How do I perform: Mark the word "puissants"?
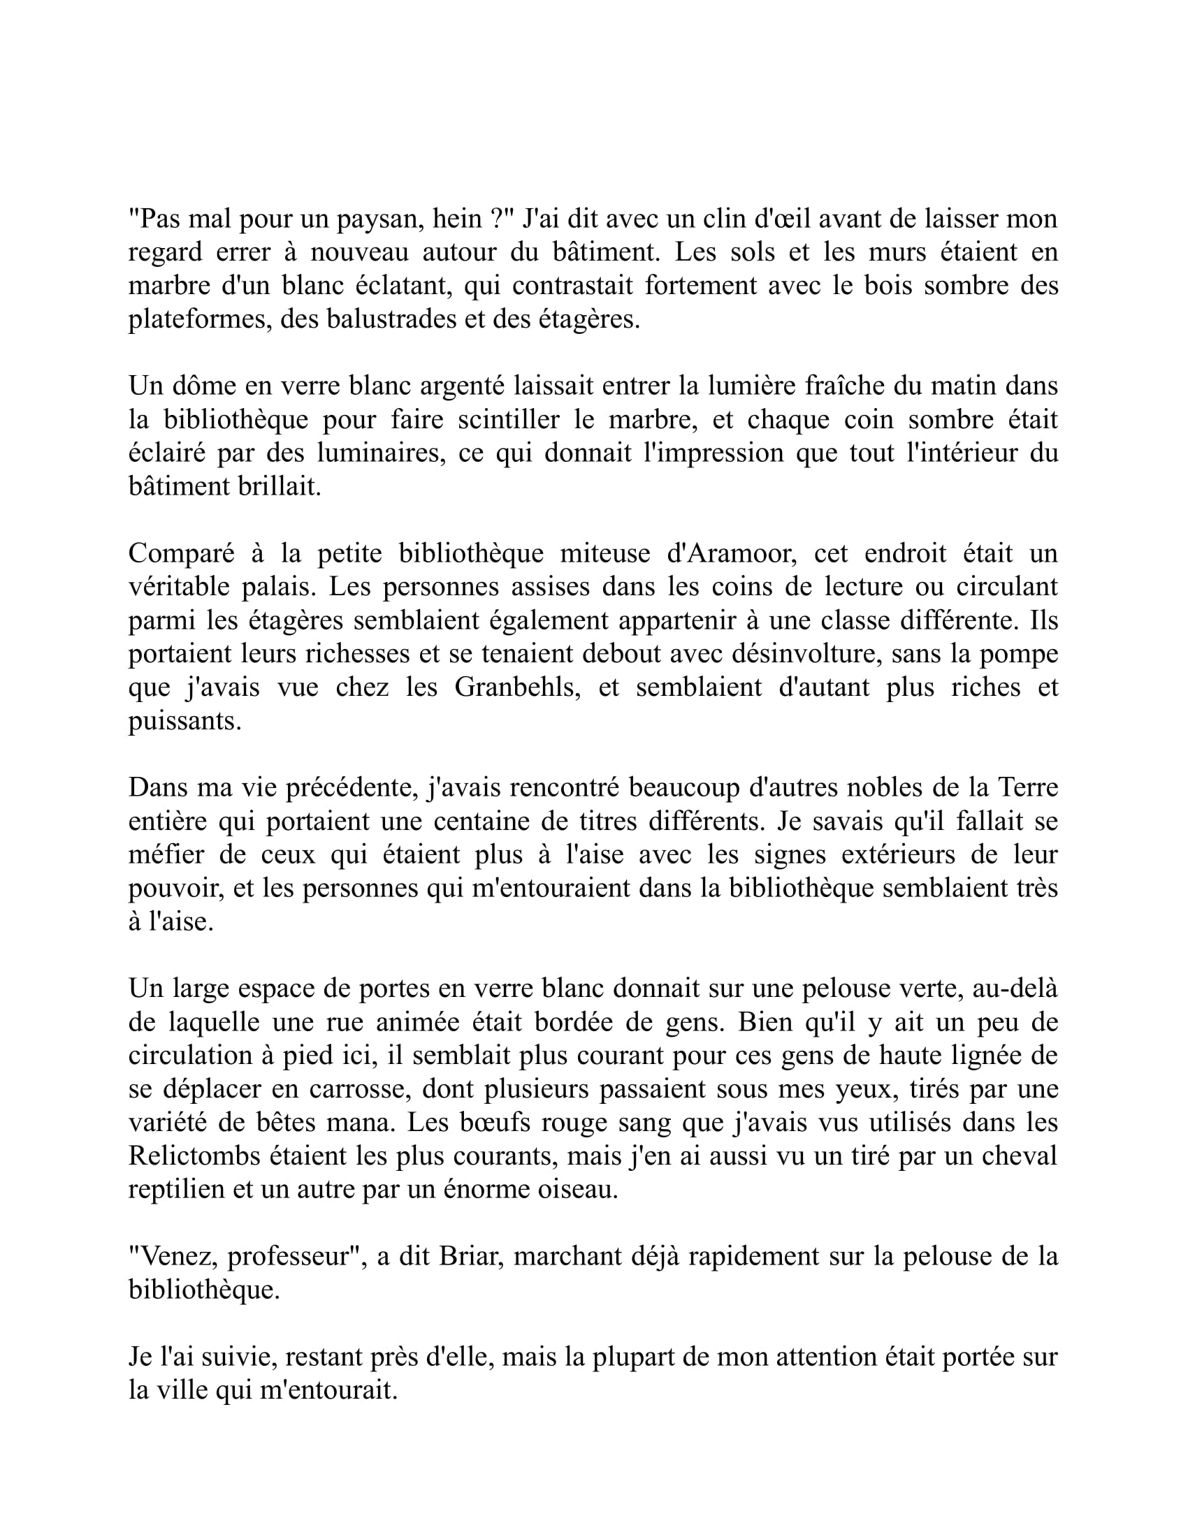(x=184, y=722)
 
